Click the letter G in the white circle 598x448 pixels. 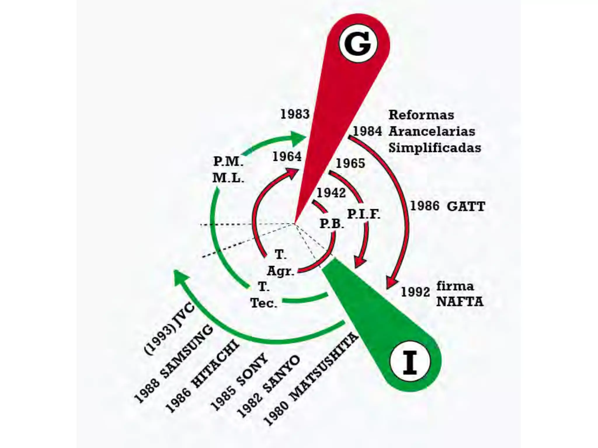pyautogui.click(x=358, y=44)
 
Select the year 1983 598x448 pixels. pyautogui.click(x=295, y=114)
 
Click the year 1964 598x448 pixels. pyautogui.click(x=287, y=157)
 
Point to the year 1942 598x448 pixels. pyautogui.click(x=331, y=193)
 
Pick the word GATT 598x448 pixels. pyautogui.click(x=466, y=206)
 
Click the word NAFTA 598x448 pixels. pyautogui.click(x=460, y=302)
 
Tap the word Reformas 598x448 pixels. pyautogui.click(x=421, y=115)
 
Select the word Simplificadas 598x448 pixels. pyautogui.click(x=434, y=148)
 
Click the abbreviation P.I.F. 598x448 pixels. pyautogui.click(x=364, y=214)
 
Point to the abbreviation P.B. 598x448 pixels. pyautogui.click(x=332, y=224)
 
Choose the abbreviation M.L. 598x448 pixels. pyautogui.click(x=228, y=178)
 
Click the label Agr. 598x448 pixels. pyautogui.click(x=280, y=271)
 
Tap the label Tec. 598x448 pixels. pyautogui.click(x=264, y=303)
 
